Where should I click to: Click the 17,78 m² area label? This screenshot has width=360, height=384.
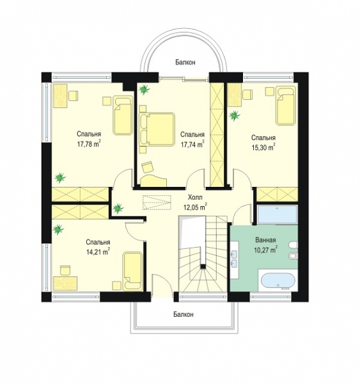89,144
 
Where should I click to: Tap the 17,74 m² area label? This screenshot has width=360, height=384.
192,145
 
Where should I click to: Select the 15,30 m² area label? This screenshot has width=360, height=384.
263,148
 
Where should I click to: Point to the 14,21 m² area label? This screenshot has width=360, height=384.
98,252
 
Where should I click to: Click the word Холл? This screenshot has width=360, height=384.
195,197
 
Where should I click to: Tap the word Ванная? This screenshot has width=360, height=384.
265,240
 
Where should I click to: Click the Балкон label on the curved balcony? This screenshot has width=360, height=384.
185,63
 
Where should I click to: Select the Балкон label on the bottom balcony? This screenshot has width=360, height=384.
184,314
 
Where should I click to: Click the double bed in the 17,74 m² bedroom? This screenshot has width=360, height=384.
157,129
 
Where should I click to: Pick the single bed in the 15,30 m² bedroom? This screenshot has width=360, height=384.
286,106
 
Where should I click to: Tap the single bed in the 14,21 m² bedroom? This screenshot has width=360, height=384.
132,271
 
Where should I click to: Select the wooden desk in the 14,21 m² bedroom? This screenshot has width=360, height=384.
65,284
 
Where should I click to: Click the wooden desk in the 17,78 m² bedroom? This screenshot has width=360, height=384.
60,95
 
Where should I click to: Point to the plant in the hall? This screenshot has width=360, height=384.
118,208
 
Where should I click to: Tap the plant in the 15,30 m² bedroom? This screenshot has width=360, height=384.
235,115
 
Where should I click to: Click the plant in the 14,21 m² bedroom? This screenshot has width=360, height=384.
58,230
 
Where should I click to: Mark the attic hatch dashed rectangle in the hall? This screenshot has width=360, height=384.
157,202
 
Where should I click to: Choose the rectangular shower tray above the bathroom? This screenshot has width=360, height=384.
278,214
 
